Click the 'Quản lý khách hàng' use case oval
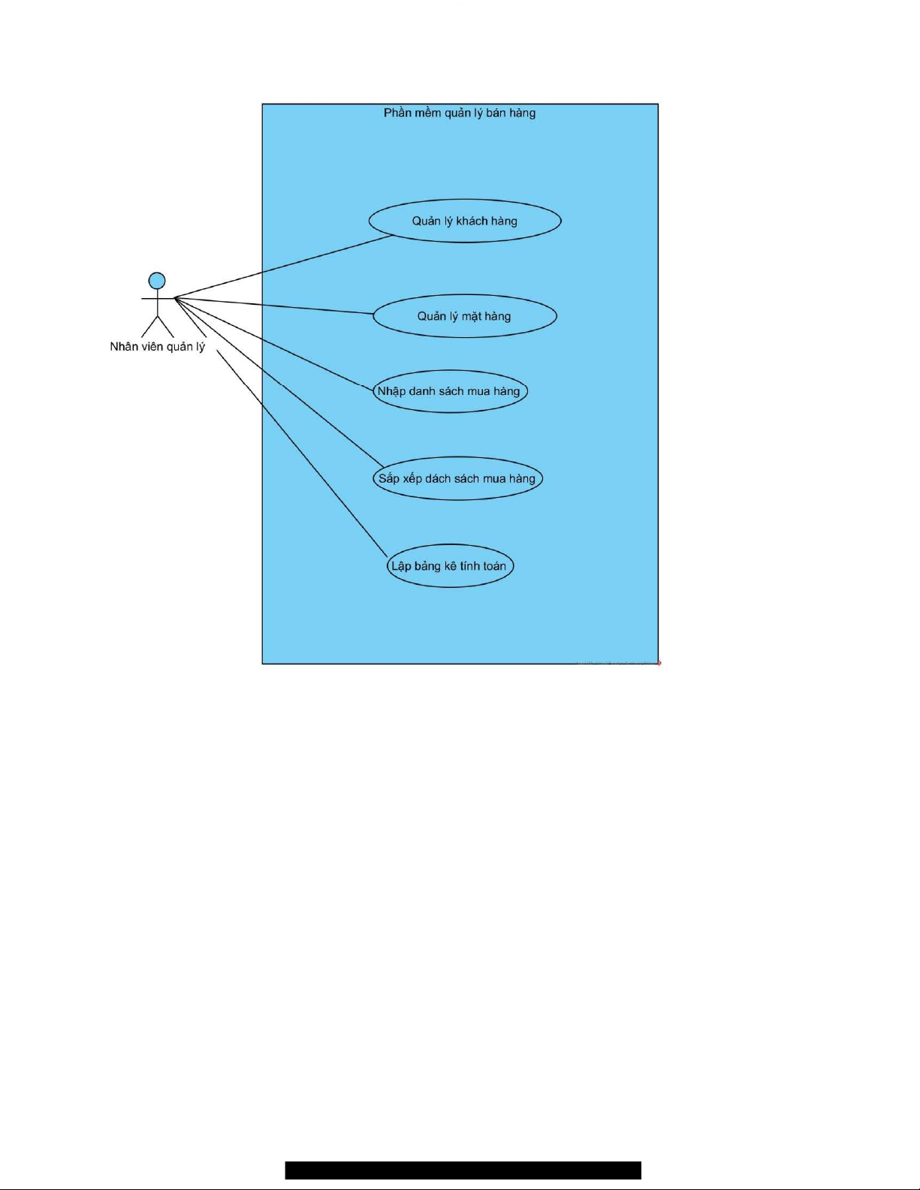pyautogui.click(x=465, y=221)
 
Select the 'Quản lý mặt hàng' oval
pyautogui.click(x=465, y=316)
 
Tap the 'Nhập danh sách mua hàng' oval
pyautogui.click(x=450, y=391)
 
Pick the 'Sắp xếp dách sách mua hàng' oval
pyautogui.click(x=457, y=479)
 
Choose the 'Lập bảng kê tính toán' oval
pyautogui.click(x=450, y=566)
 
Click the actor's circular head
pyautogui.click(x=157, y=281)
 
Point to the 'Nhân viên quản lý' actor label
pyautogui.click(x=157, y=347)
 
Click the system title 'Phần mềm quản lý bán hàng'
pyautogui.click(x=460, y=113)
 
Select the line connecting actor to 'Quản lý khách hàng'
pyautogui.click(x=285, y=267)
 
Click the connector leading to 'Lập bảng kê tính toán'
pyautogui.click(x=300, y=450)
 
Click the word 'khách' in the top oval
pyautogui.click(x=472, y=221)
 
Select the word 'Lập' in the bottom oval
pyautogui.click(x=401, y=566)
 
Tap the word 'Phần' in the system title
pyautogui.click(x=397, y=113)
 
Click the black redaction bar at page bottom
pyautogui.click(x=463, y=1170)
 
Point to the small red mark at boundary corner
pyautogui.click(x=659, y=663)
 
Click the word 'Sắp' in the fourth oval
pyautogui.click(x=388, y=479)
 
